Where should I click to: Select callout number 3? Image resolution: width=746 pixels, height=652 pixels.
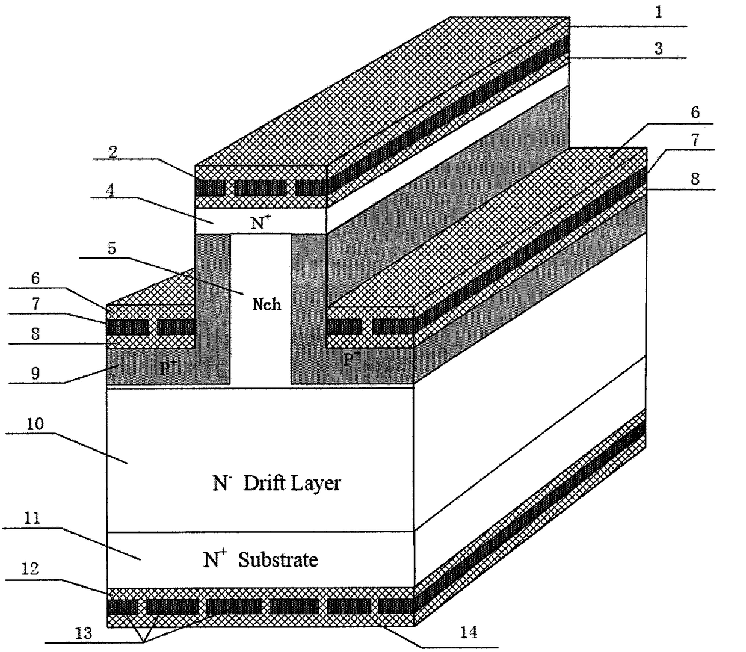pyautogui.click(x=659, y=49)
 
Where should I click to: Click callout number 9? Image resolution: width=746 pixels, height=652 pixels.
pyautogui.click(x=35, y=373)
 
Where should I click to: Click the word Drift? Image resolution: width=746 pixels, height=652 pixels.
pyautogui.click(x=265, y=484)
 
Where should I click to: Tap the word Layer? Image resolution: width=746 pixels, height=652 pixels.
pyautogui.click(x=315, y=484)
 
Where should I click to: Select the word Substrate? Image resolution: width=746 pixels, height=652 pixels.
pyautogui.click(x=278, y=560)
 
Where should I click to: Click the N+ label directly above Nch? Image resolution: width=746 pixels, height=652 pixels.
pyautogui.click(x=260, y=223)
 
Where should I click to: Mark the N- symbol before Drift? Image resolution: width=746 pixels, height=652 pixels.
pyautogui.click(x=220, y=484)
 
